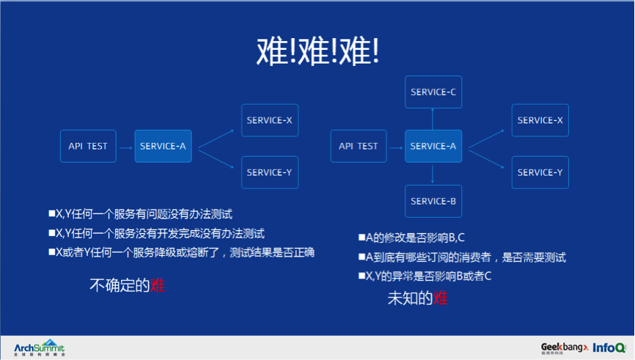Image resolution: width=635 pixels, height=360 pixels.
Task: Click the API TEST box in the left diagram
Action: (88, 146)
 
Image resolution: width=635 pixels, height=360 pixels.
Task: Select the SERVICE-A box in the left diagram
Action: (163, 146)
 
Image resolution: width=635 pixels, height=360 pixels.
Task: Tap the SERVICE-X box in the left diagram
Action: (270, 120)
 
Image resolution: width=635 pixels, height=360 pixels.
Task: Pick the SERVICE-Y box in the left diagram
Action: (270, 172)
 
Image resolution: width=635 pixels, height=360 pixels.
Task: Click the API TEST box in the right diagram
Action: (359, 146)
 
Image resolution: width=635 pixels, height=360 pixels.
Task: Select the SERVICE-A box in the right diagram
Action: (433, 146)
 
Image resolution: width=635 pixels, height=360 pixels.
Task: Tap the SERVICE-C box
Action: (433, 92)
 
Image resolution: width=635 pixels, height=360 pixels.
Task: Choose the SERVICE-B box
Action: (433, 201)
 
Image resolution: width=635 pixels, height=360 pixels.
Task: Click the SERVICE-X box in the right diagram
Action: (540, 120)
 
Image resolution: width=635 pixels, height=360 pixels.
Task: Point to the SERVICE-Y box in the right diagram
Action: (540, 172)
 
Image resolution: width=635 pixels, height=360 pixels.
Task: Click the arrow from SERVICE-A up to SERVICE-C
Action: (433, 119)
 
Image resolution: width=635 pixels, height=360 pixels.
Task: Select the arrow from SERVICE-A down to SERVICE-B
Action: (433, 174)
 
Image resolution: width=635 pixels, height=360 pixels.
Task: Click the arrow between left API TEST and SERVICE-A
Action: (125, 146)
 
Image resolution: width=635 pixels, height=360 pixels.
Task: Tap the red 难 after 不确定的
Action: (157, 285)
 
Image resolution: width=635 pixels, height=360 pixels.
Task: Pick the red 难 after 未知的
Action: (440, 298)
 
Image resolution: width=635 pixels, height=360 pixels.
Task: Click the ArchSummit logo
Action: (40, 348)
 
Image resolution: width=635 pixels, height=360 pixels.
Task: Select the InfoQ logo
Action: (609, 348)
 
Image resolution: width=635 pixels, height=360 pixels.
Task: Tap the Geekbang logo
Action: (564, 347)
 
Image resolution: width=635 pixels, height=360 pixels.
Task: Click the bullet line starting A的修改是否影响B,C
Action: (415, 238)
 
